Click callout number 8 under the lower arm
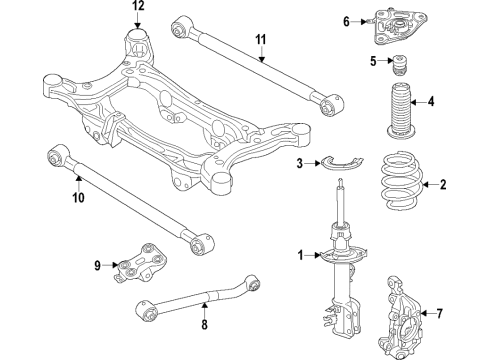point(205,325)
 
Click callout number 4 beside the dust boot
point(430,101)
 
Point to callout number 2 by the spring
point(445,183)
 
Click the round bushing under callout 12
point(138,44)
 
